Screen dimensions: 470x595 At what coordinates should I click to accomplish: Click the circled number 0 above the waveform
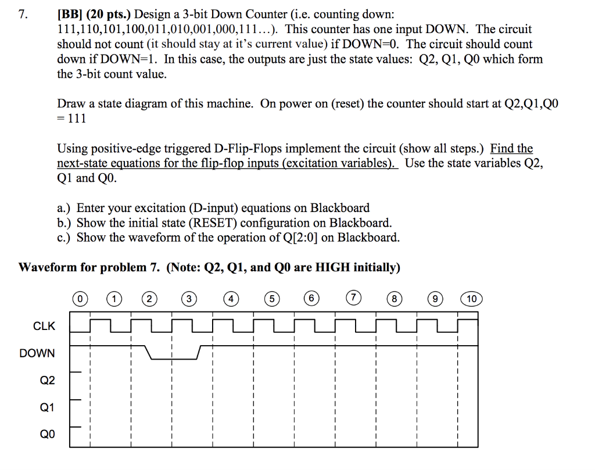81,299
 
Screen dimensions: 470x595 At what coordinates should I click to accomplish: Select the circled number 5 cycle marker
270,299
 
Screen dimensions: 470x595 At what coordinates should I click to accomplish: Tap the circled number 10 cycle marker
471,299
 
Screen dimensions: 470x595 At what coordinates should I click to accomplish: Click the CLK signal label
44,326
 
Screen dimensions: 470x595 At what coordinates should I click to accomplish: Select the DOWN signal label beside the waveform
37,353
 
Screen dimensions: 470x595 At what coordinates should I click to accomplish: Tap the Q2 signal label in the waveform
47,381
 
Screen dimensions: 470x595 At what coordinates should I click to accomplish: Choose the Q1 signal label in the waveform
47,408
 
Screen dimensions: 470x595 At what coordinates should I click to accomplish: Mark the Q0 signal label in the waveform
47,435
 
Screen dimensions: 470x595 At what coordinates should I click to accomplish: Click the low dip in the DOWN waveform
174,358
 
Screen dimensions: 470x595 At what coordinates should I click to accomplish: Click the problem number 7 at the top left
22,14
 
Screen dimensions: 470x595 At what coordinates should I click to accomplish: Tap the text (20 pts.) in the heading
110,14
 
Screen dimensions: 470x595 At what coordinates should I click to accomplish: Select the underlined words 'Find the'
511,148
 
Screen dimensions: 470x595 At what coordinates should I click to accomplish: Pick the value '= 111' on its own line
71,119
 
